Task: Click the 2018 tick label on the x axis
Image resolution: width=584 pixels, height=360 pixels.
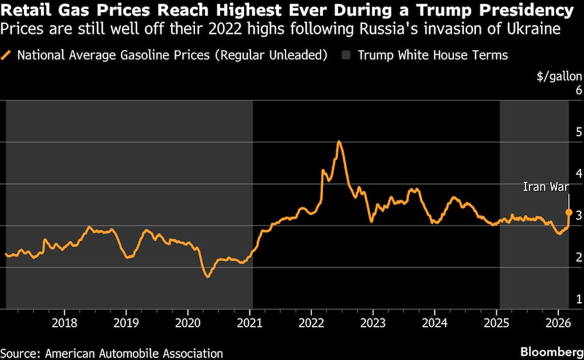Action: tap(64, 323)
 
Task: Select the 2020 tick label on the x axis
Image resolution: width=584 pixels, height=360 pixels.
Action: tap(187, 323)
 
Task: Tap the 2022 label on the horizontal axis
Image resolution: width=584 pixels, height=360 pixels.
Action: tap(311, 323)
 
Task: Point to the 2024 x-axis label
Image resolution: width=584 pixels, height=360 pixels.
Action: tap(434, 323)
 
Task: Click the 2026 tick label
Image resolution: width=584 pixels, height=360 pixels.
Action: tap(557, 323)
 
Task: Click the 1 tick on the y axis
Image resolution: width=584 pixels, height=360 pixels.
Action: tap(579, 300)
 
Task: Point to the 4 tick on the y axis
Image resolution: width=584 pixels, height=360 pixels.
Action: tap(579, 174)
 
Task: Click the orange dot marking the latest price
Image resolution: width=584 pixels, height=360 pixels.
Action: tap(569, 212)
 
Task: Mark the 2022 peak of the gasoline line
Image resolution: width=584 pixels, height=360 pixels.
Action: tap(339, 141)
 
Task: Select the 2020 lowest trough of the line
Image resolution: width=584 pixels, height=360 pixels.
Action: tap(207, 276)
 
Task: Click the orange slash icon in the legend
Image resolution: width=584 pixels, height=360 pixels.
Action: tap(8, 56)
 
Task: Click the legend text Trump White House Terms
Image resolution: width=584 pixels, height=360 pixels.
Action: tap(432, 56)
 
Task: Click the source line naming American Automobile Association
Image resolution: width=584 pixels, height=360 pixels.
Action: tap(112, 353)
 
